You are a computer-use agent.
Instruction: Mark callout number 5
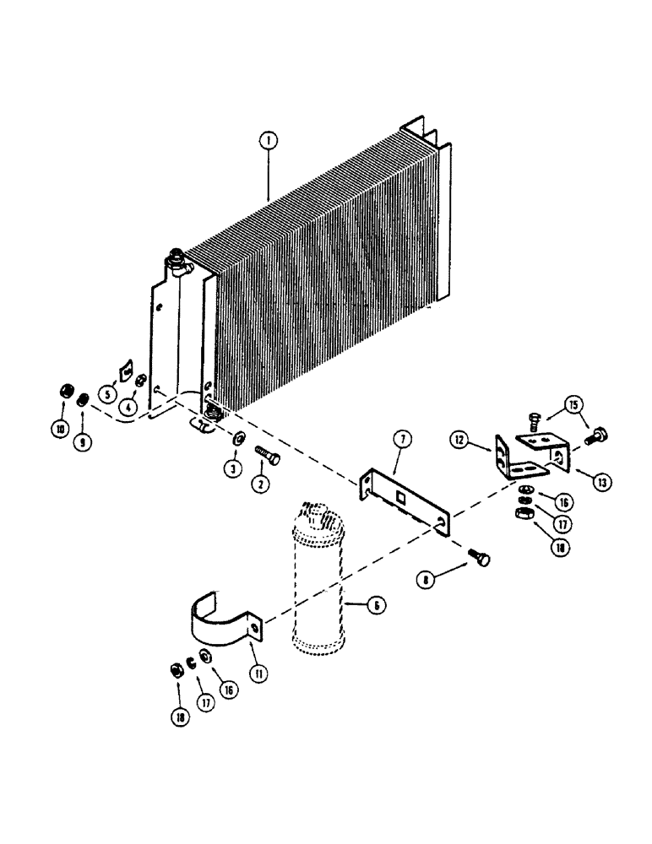(109, 392)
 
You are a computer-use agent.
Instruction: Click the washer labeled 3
(238, 437)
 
